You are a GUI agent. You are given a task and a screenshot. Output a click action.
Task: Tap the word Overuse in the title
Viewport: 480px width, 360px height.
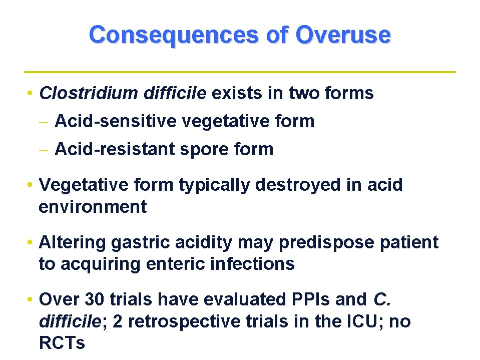[343, 35]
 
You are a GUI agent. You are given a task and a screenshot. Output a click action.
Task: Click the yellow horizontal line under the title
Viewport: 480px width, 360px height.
[240, 72]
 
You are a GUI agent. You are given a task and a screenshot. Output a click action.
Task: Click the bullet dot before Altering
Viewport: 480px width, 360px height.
[31, 243]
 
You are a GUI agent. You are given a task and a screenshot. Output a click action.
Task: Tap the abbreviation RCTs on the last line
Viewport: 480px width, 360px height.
[62, 343]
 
